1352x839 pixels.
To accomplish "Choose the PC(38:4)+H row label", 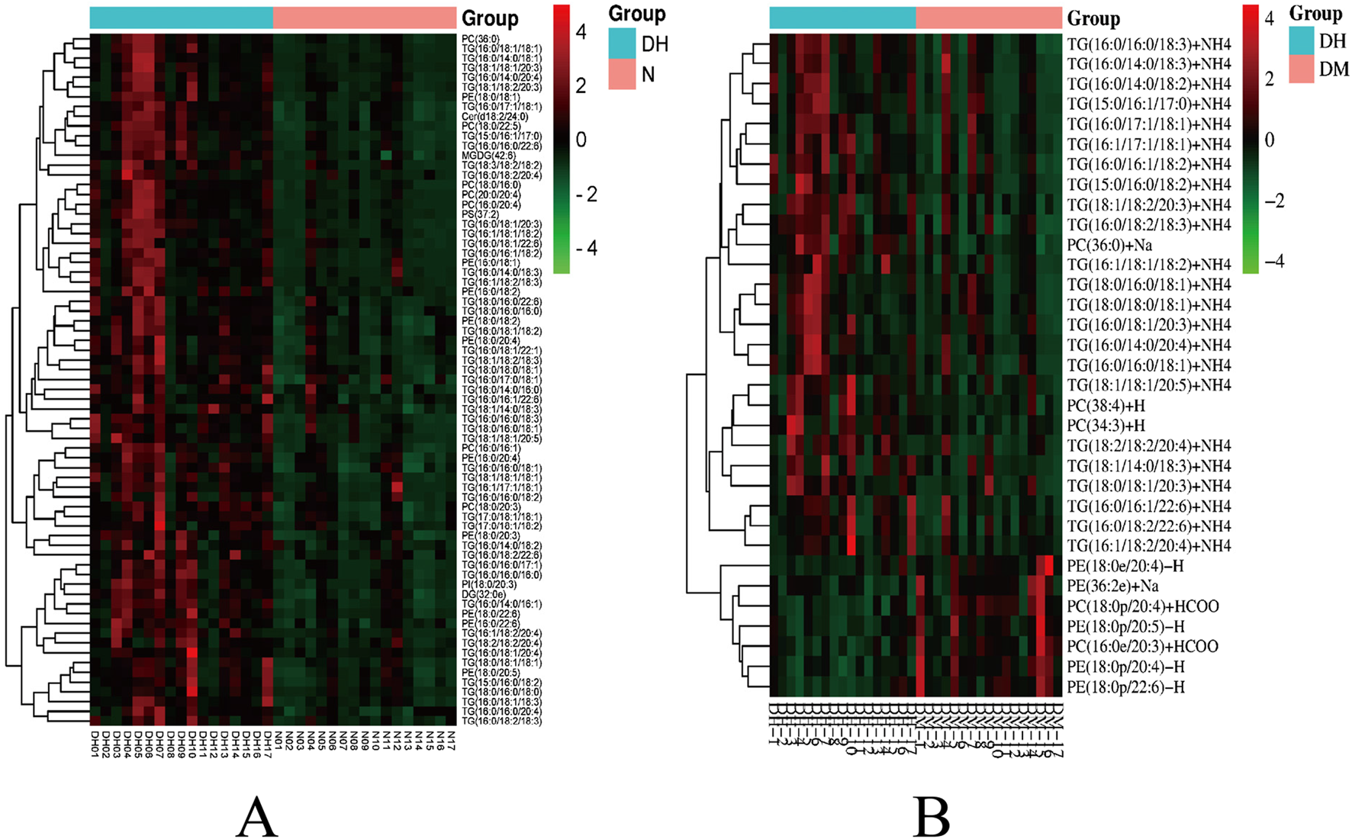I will point(1106,406).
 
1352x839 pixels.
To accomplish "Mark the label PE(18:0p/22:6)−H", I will point(1125,687).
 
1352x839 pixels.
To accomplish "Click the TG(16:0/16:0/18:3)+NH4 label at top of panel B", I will point(1148,44).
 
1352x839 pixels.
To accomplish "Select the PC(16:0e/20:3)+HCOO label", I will point(1142,647).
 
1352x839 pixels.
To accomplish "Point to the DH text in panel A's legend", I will point(655,44).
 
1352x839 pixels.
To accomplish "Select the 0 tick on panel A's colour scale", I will point(581,140).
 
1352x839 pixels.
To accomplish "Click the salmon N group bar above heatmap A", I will point(364,18).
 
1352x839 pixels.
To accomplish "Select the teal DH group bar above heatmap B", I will point(842,18).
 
